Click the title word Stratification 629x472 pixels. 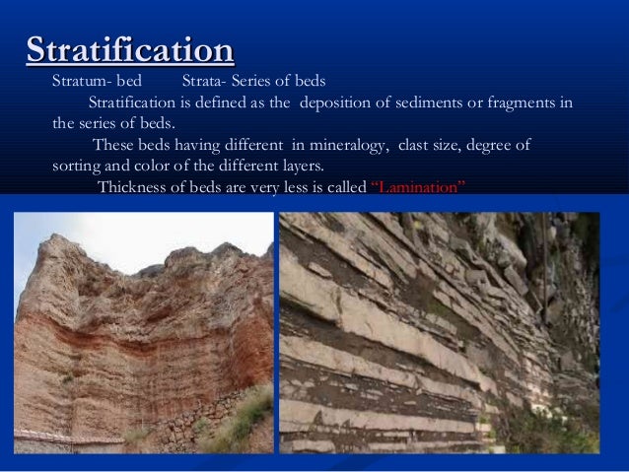(130, 48)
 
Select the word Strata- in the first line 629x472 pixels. (204, 81)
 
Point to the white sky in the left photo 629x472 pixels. (148, 236)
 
